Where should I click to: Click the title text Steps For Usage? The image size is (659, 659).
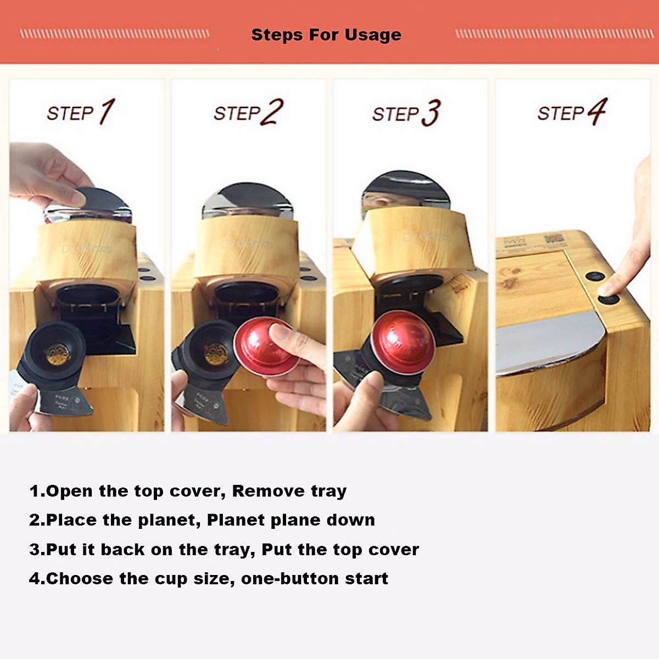tap(326, 35)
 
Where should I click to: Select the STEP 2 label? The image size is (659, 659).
tap(248, 113)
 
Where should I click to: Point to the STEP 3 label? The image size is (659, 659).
tap(406, 113)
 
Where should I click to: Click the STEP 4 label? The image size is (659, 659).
tap(572, 113)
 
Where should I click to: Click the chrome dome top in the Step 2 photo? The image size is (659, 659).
tap(248, 199)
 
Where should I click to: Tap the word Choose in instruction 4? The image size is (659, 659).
tap(80, 579)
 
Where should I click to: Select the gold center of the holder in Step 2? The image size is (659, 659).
tap(215, 354)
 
